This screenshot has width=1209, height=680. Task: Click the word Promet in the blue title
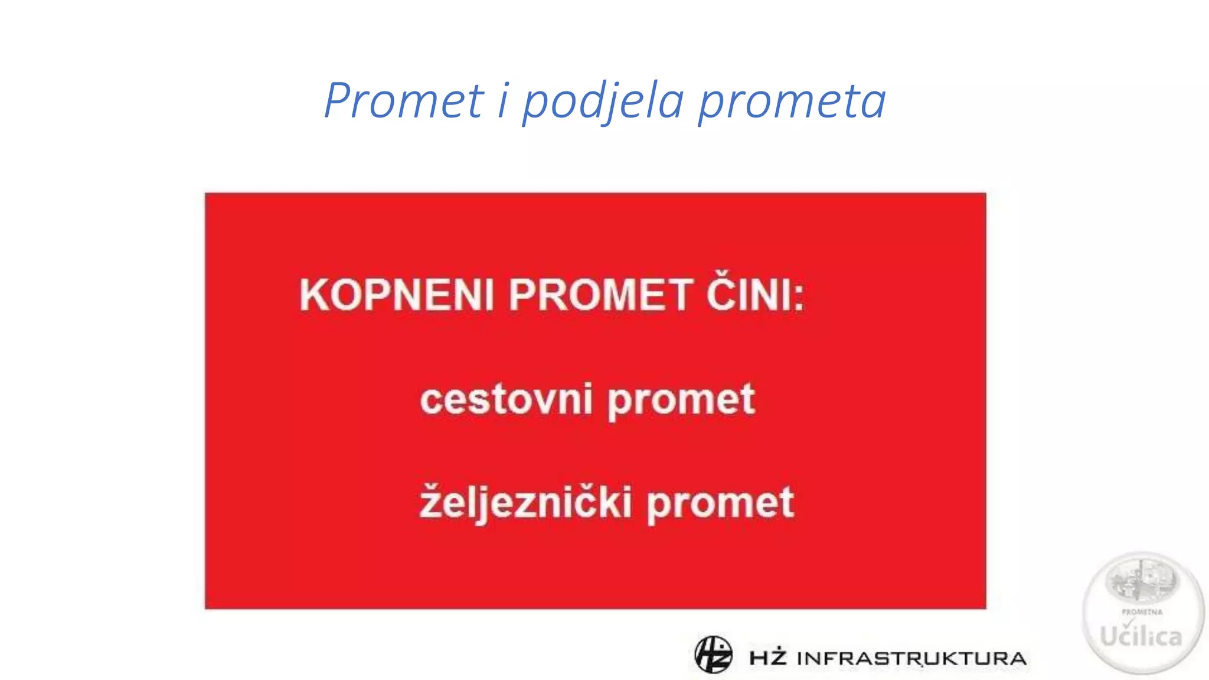click(404, 100)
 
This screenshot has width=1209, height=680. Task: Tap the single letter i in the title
click(503, 100)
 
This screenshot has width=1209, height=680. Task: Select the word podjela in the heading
click(603, 102)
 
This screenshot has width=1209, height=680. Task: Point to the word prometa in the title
click(792, 102)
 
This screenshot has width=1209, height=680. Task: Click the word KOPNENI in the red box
click(396, 295)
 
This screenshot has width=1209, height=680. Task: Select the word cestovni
click(506, 400)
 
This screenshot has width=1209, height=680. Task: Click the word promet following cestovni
click(681, 401)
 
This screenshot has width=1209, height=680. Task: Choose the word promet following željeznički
click(720, 505)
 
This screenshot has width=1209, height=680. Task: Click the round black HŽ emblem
click(713, 655)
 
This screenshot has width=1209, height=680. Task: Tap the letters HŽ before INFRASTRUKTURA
click(768, 657)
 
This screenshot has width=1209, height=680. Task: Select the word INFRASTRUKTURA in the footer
click(911, 658)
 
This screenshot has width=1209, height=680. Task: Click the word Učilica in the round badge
click(1141, 636)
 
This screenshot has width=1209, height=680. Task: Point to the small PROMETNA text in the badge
click(1142, 612)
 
